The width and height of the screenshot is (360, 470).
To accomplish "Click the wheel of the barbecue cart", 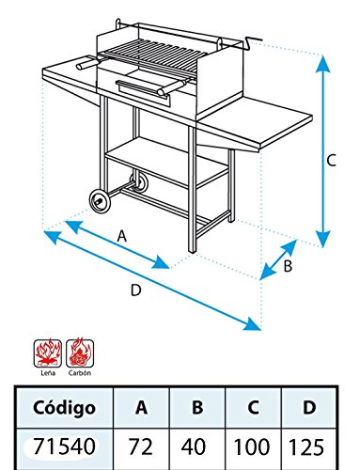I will pos(98,200).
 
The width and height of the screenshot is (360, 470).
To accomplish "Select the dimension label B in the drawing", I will pos(288,266).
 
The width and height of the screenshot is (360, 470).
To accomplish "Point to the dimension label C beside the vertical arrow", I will pos(331,161).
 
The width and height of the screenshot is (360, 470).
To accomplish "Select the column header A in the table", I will pos(142,408).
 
